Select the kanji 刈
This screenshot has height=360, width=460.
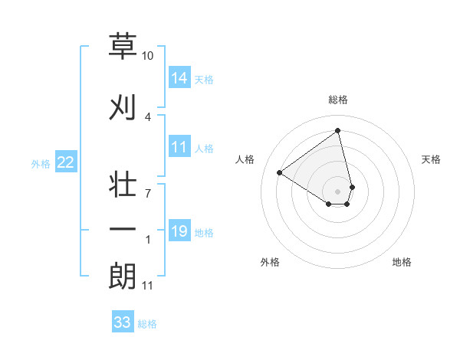[123, 106]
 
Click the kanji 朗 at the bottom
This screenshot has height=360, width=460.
[123, 276]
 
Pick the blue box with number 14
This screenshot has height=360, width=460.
[179, 78]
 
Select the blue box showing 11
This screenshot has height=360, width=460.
[179, 148]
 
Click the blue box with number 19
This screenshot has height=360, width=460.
[179, 231]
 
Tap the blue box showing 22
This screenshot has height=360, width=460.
[66, 162]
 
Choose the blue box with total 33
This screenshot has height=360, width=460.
[122, 322]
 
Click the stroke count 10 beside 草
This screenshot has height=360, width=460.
[148, 56]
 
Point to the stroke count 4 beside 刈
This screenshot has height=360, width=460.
[148, 116]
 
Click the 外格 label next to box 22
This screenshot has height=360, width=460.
[41, 163]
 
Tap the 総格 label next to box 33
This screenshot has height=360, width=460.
[147, 324]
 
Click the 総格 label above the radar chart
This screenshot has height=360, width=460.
[338, 100]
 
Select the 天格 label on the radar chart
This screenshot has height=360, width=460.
[431, 159]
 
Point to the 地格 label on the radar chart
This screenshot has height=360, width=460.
[402, 262]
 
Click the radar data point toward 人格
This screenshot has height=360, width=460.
[280, 173]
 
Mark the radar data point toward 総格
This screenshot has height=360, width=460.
[338, 131]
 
